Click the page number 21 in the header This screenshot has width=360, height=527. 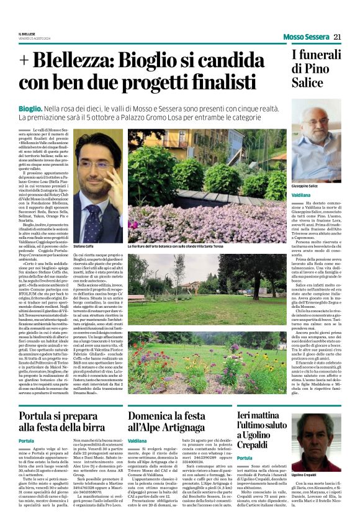click(x=338, y=37)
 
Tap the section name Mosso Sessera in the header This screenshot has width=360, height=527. click(x=306, y=37)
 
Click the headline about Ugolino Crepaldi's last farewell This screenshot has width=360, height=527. click(x=264, y=410)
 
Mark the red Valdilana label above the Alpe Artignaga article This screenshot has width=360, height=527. click(x=137, y=423)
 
